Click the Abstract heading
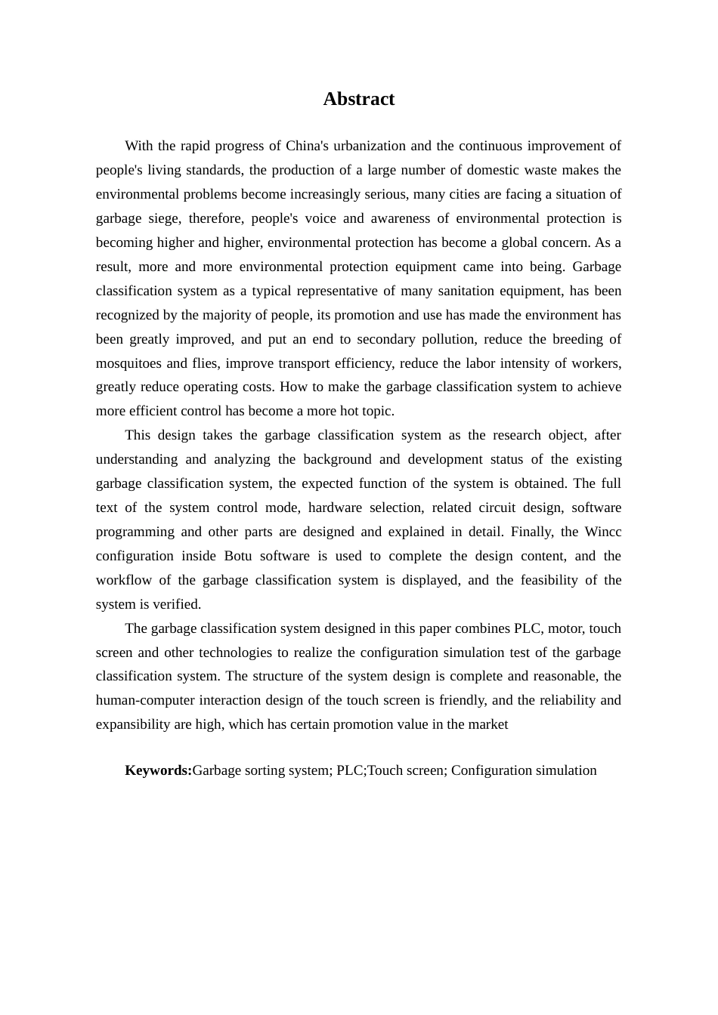point(358,99)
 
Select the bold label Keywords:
point(158,770)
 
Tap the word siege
point(163,218)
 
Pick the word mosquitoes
point(128,363)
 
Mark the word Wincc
point(602,532)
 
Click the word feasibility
point(548,580)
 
